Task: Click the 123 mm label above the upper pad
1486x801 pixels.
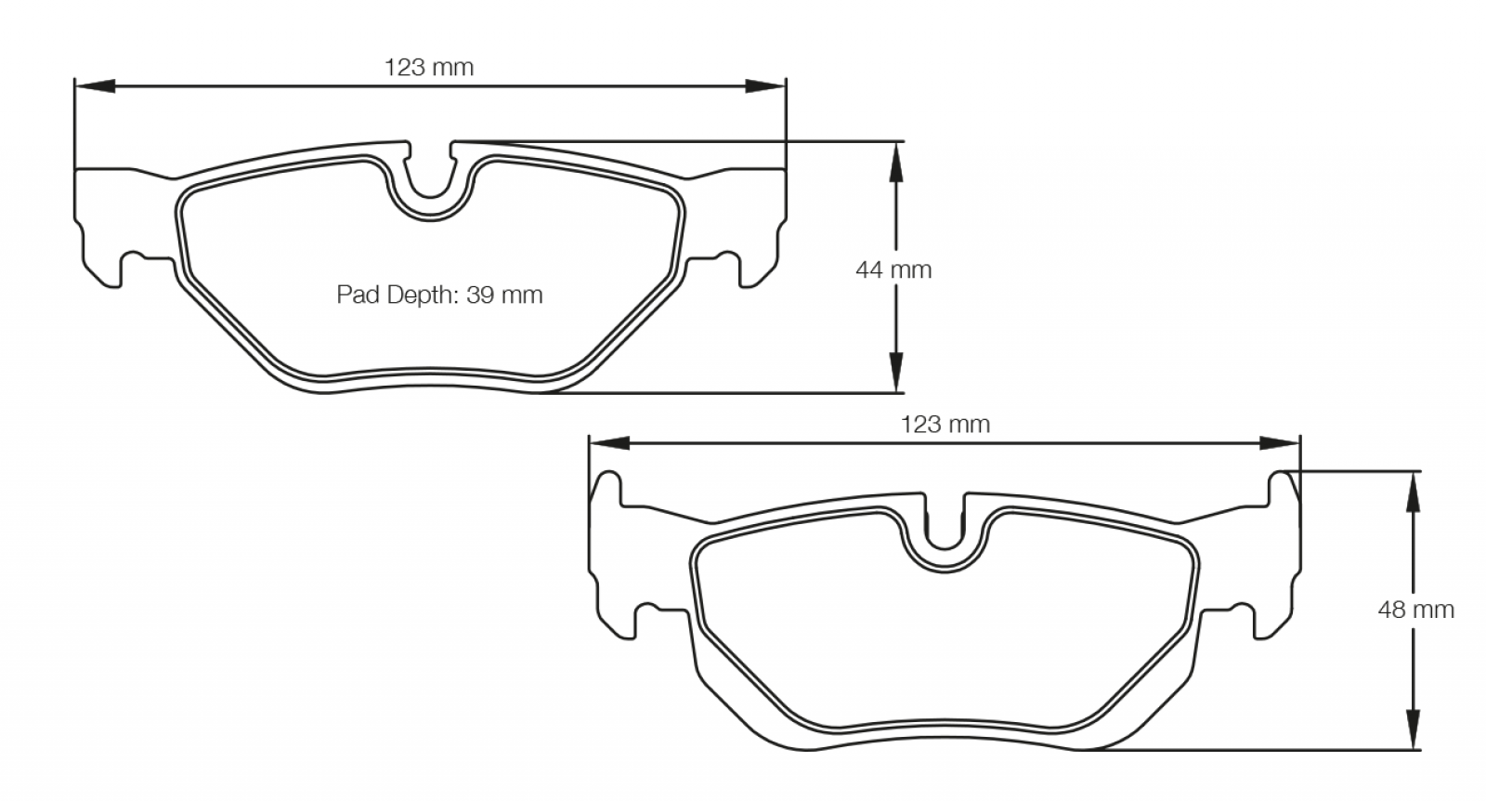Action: tap(429, 67)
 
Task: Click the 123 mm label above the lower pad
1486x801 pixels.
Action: tap(945, 424)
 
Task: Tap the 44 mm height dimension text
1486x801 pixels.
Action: tap(893, 269)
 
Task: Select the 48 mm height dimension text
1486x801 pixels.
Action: tap(1415, 610)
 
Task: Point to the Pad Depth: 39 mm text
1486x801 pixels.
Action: tap(439, 294)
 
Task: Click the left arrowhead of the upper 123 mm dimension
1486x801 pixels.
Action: tap(95, 86)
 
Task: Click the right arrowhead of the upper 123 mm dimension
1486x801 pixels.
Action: tap(765, 86)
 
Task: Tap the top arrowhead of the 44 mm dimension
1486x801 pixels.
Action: tap(895, 162)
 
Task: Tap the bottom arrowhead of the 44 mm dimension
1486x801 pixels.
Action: tap(895, 373)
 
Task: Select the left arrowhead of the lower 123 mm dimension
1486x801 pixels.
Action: tap(609, 443)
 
